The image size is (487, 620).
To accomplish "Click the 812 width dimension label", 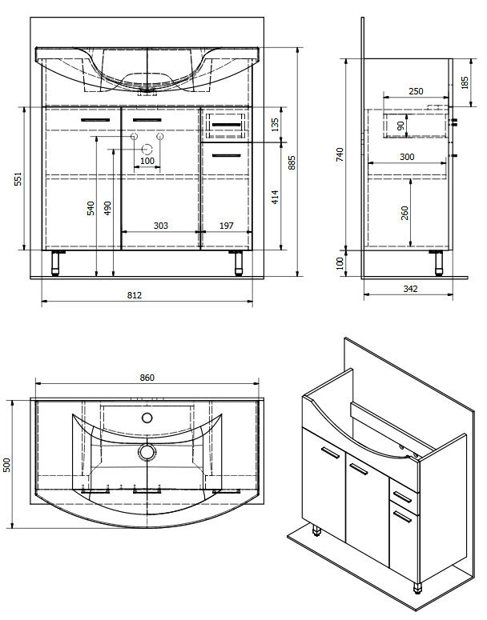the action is click(135, 295).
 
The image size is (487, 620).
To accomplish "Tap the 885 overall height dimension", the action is click(292, 162).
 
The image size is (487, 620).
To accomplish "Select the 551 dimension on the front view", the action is click(18, 178).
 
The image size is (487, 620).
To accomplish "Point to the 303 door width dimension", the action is click(161, 226).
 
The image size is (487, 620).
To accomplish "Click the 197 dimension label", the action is click(227, 226).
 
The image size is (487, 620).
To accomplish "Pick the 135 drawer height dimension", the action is click(275, 124).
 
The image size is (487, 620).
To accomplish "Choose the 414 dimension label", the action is click(275, 197).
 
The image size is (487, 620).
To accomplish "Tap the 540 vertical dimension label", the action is click(91, 208).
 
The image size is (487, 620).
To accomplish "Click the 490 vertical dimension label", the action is click(107, 208).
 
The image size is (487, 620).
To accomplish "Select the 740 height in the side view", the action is click(340, 154).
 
